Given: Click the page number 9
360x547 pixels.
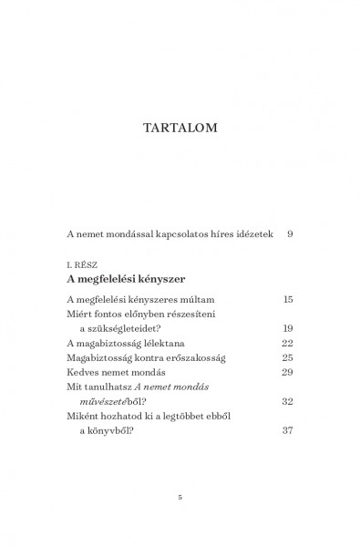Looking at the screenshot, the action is [290, 234].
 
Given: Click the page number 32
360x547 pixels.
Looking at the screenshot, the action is [287, 401].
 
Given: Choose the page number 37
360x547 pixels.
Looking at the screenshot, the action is [287, 431].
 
